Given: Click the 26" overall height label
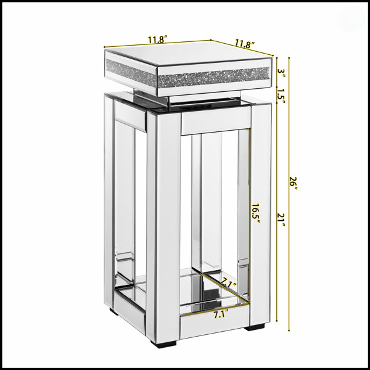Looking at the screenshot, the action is [294, 184].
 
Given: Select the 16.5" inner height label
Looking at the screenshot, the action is [255, 214].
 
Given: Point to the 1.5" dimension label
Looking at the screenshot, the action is [281, 96].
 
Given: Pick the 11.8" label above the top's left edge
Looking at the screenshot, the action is [158, 39].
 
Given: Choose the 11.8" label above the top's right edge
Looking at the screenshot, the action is [245, 44].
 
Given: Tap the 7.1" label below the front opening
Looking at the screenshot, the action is [221, 314].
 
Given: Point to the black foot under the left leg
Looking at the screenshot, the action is [114, 311].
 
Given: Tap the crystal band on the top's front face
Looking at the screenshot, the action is [213, 78].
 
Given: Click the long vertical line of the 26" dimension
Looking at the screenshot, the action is [289, 194].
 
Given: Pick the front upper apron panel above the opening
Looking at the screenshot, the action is [216, 121].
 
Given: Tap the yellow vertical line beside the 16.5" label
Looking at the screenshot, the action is [250, 215].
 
